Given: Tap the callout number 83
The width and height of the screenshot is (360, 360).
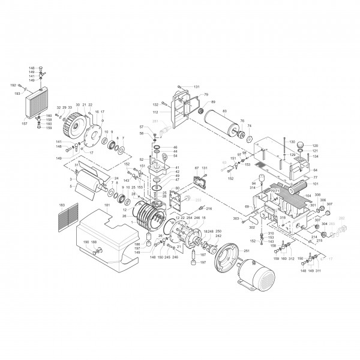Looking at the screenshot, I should pyautogui.click(x=224, y=111).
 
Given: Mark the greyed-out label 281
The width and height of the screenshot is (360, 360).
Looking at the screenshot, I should pyautogui.click(x=156, y=121).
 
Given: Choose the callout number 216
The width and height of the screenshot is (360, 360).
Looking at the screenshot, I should pyautogui.click(x=209, y=208).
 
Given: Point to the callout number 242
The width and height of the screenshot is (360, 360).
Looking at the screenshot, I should pyautogui.click(x=202, y=236).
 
